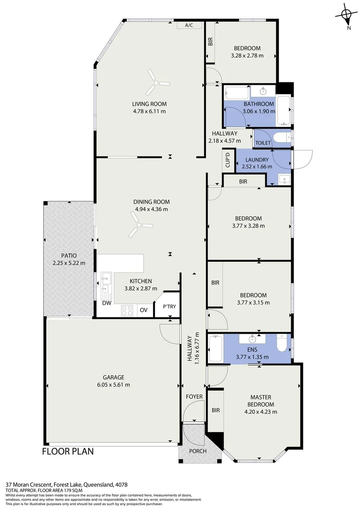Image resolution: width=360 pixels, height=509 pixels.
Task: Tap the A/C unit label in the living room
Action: pos(189,25)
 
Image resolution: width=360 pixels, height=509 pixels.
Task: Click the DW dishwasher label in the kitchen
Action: pos(107,303)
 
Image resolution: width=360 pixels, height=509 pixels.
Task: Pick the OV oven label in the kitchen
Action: pos(144,310)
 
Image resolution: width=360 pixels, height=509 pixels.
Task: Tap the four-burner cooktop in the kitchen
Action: pos(127,310)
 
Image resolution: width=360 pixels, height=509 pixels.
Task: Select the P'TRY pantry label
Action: pos(169,307)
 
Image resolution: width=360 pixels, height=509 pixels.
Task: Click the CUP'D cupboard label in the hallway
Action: pos(228,160)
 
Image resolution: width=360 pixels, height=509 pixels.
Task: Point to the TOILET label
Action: pos(263,143)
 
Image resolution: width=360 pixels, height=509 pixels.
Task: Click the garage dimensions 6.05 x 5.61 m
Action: pos(114,385)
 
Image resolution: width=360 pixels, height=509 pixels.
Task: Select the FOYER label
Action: pos(194,397)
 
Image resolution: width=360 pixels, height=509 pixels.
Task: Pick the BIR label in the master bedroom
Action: pos(216,410)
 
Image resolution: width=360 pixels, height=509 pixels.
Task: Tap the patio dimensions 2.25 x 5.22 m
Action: pos(69,263)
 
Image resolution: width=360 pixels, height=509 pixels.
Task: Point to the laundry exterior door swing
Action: pos(302,158)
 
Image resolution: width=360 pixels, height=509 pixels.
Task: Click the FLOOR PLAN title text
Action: pos(68,452)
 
